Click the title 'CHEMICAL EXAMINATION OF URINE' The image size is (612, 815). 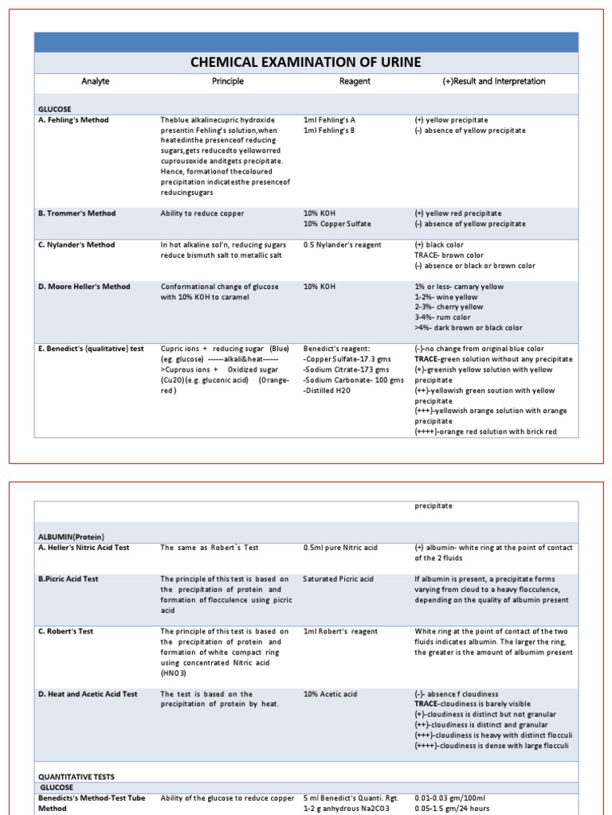pyautogui.click(x=306, y=62)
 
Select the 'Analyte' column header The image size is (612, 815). pyautogui.click(x=96, y=81)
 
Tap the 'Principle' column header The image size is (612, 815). pyautogui.click(x=228, y=81)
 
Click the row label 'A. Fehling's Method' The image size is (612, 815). pyautogui.click(x=74, y=120)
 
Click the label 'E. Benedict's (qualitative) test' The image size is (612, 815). pyautogui.click(x=92, y=349)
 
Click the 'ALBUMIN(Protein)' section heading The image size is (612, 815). pyautogui.click(x=72, y=536)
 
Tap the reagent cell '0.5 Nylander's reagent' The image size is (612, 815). pyautogui.click(x=343, y=245)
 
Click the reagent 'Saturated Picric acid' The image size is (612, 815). pyautogui.click(x=339, y=579)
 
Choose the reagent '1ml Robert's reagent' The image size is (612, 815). pyautogui.click(x=340, y=631)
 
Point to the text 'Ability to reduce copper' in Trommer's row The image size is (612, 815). pyautogui.click(x=202, y=213)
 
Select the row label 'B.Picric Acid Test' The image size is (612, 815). pyautogui.click(x=69, y=579)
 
